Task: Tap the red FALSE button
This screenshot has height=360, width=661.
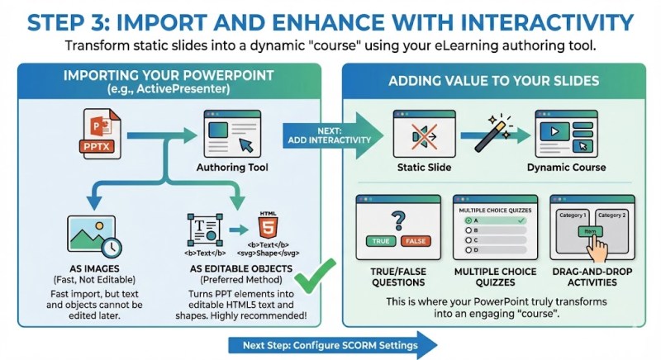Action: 416,241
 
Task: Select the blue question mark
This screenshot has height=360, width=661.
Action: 397,220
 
